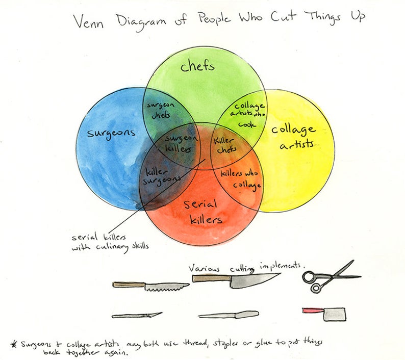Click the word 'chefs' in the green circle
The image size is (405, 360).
click(x=197, y=66)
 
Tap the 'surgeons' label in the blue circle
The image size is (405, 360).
click(x=111, y=133)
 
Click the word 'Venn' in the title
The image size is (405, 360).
click(x=87, y=21)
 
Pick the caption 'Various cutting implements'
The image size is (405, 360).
click(x=247, y=267)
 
